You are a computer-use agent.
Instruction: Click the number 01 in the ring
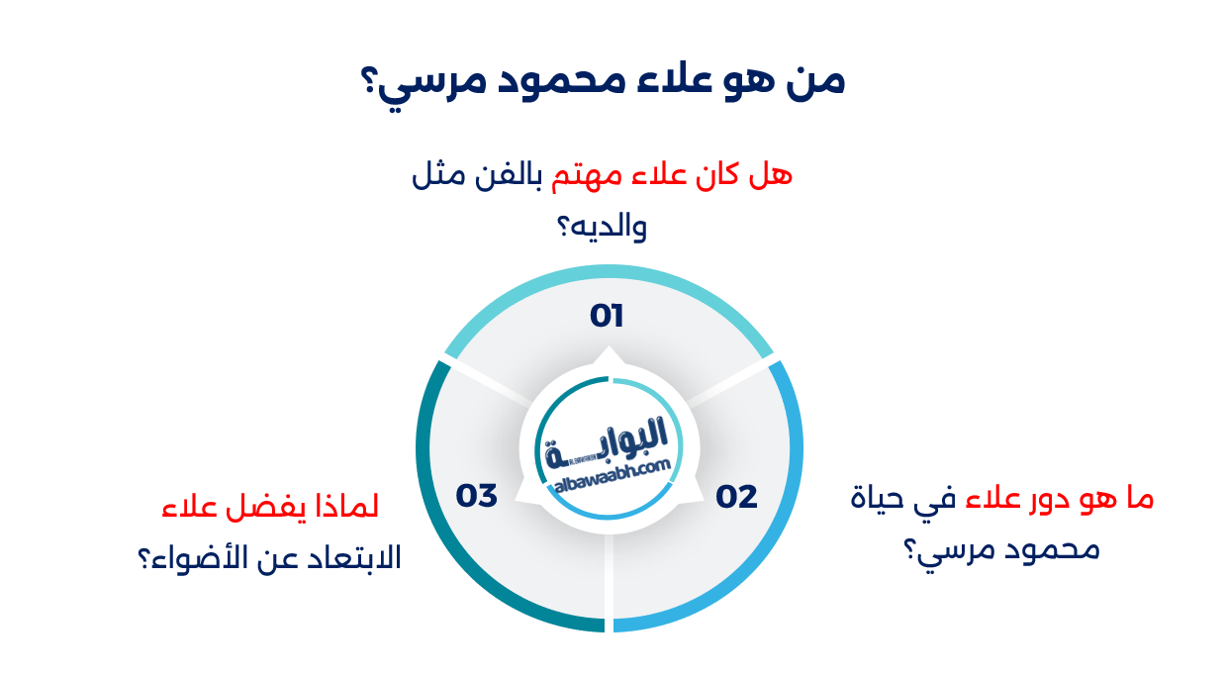(607, 317)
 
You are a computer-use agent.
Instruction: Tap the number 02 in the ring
(737, 497)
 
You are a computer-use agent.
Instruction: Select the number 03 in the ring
(476, 496)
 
